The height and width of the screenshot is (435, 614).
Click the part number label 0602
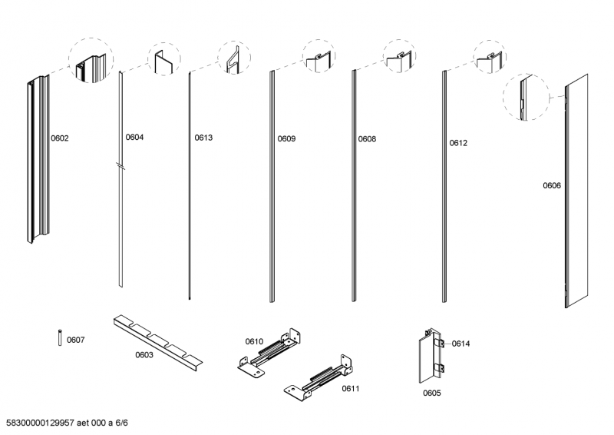pyautogui.click(x=60, y=139)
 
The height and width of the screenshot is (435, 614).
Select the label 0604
pyautogui.click(x=134, y=138)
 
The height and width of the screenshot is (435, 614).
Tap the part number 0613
pyautogui.click(x=203, y=138)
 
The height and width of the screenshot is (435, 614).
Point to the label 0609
pyautogui.click(x=286, y=139)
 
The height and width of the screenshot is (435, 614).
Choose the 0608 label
pyautogui.click(x=367, y=139)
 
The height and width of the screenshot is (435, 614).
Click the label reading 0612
pyautogui.click(x=458, y=143)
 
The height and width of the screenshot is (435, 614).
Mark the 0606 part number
pyautogui.click(x=552, y=185)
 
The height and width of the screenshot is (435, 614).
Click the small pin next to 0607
pyautogui.click(x=60, y=338)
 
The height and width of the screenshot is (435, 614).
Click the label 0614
pyautogui.click(x=460, y=344)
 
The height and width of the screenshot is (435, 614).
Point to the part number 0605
pyautogui.click(x=431, y=393)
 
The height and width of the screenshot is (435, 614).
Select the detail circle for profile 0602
pyautogui.click(x=91, y=61)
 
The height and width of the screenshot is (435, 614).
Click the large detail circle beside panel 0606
pyautogui.click(x=527, y=98)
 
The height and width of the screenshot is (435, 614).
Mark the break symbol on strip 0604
pyautogui.click(x=120, y=165)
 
